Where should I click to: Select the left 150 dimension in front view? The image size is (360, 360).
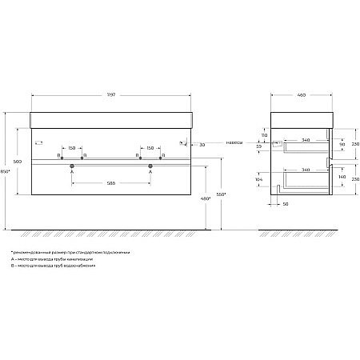[72, 147]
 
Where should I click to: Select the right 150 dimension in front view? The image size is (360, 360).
[150, 147]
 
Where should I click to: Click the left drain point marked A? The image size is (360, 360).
[72, 166]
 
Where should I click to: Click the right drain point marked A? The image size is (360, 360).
[150, 166]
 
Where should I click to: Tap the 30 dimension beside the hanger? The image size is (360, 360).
[203, 144]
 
